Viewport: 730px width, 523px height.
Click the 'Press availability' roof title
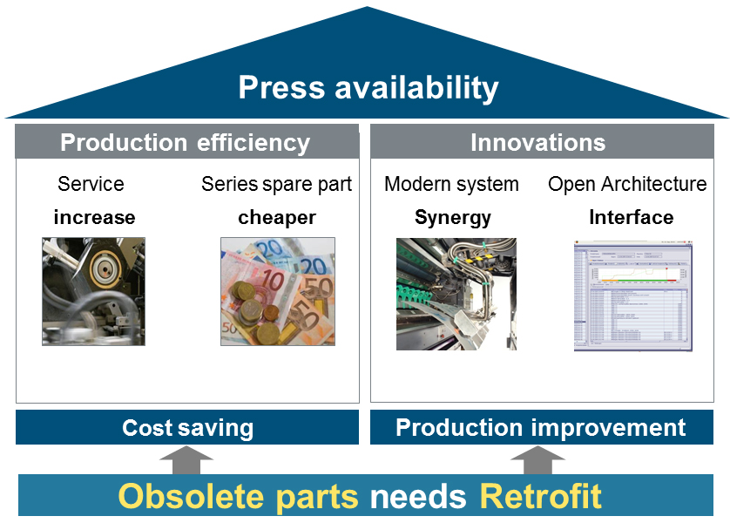coord(368,88)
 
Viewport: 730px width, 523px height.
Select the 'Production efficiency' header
coord(185,142)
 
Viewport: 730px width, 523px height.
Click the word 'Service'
coord(91,185)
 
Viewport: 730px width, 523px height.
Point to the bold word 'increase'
coord(94,217)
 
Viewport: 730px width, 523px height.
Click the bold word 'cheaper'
coord(277,217)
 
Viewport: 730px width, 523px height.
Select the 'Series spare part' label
coord(277,185)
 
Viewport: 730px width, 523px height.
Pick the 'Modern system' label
coord(451,185)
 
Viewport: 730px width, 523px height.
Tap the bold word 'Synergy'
coord(452,217)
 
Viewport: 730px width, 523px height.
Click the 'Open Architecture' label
coord(627,185)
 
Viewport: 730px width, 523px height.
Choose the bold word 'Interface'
coord(631,217)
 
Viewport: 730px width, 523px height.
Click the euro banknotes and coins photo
coord(278,291)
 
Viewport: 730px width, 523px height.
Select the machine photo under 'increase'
coord(93,291)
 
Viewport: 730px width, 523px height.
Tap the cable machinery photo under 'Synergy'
coord(456,294)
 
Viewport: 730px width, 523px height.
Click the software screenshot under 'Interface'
coord(632,295)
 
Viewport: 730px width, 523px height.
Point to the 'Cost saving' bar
coord(187,428)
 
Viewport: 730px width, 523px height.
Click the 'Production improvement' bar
coord(541,428)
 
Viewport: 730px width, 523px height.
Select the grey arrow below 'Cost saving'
coord(186,460)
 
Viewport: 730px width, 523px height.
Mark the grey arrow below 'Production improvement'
coord(537,460)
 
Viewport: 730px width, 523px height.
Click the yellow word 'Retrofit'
coord(541,496)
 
